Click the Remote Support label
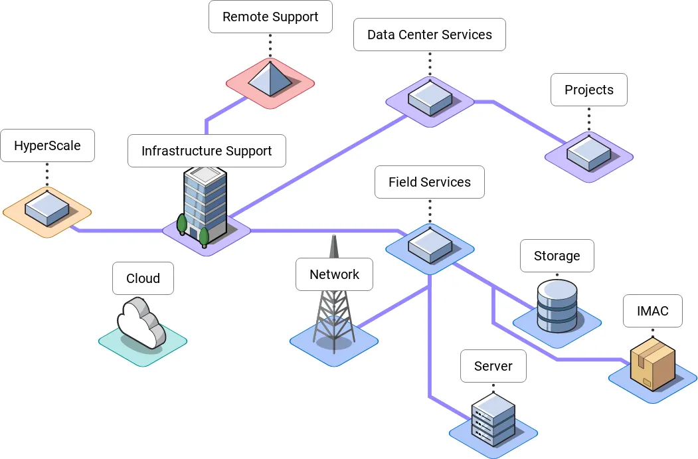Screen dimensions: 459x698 click(270, 17)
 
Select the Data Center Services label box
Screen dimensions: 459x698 click(430, 35)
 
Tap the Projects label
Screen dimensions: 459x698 click(589, 90)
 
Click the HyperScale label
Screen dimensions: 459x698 click(47, 145)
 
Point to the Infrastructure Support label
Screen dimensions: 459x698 click(207, 151)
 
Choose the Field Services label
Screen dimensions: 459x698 click(430, 182)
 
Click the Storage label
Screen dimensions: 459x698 click(557, 256)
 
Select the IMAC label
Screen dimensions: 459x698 click(652, 311)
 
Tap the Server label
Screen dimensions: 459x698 click(493, 366)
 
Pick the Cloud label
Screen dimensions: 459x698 click(143, 278)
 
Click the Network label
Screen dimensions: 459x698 click(334, 274)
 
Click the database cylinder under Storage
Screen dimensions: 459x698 click(557, 306)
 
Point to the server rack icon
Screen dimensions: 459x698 click(493, 418)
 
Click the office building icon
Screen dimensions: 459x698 click(205, 203)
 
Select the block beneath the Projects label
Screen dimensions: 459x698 click(588, 152)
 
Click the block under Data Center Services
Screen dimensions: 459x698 click(430, 96)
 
